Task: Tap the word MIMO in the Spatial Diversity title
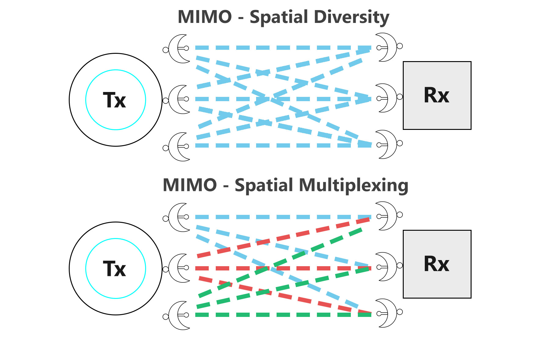205,17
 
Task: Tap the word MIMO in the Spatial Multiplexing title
190,185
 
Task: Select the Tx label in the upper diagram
114,100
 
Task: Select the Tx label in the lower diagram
114,269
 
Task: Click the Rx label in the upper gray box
436,95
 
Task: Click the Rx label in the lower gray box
436,264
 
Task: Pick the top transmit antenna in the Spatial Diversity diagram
179,49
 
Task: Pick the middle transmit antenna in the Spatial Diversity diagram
179,100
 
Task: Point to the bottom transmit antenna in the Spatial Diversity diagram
179,147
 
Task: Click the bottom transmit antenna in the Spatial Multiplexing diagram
179,315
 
